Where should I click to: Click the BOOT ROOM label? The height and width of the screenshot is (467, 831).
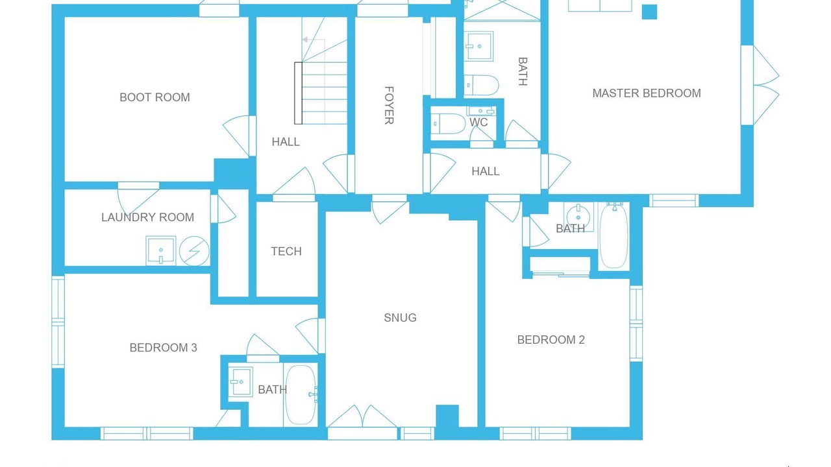pos(155,97)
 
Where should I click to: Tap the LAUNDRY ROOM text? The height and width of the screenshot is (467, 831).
pos(147,217)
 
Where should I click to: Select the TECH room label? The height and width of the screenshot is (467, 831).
pos(286,252)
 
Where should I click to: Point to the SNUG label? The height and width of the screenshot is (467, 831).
pos(400,318)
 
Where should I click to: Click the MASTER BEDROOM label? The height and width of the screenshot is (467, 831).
pos(647,93)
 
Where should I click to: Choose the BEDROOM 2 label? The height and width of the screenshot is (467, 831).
pos(551,340)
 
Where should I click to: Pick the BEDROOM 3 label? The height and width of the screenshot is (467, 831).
pos(163,348)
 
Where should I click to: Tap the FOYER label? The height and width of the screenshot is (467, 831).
pos(389,106)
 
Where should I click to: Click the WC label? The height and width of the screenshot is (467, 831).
pos(478,123)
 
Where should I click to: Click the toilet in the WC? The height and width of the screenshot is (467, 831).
pos(448,123)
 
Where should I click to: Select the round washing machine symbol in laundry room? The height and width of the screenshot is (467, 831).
pos(194,251)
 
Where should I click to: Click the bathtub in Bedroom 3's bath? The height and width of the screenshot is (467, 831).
pos(301,395)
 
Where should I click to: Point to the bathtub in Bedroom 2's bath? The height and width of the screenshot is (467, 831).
pos(614,235)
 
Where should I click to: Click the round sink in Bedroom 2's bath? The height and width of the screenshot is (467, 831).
pos(578,214)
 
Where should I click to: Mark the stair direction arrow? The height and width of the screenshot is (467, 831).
pos(314,40)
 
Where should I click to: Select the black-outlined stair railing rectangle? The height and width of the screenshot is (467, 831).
pos(298,93)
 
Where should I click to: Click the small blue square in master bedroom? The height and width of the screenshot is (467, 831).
pos(650,12)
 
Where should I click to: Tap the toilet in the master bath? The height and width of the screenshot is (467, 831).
pos(481,85)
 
